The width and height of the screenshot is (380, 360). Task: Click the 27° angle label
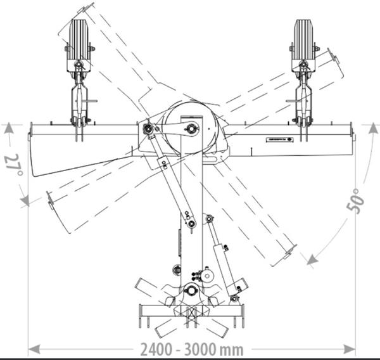15,165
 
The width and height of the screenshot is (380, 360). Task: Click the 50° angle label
355,201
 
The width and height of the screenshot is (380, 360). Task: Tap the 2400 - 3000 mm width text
192,350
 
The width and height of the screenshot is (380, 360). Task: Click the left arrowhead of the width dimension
34,350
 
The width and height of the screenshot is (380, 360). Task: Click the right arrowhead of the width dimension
349,350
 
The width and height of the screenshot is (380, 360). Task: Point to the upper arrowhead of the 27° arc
9,128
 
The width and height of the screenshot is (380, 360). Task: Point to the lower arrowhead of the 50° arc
312,260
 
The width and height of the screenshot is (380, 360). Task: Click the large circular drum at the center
191,128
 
